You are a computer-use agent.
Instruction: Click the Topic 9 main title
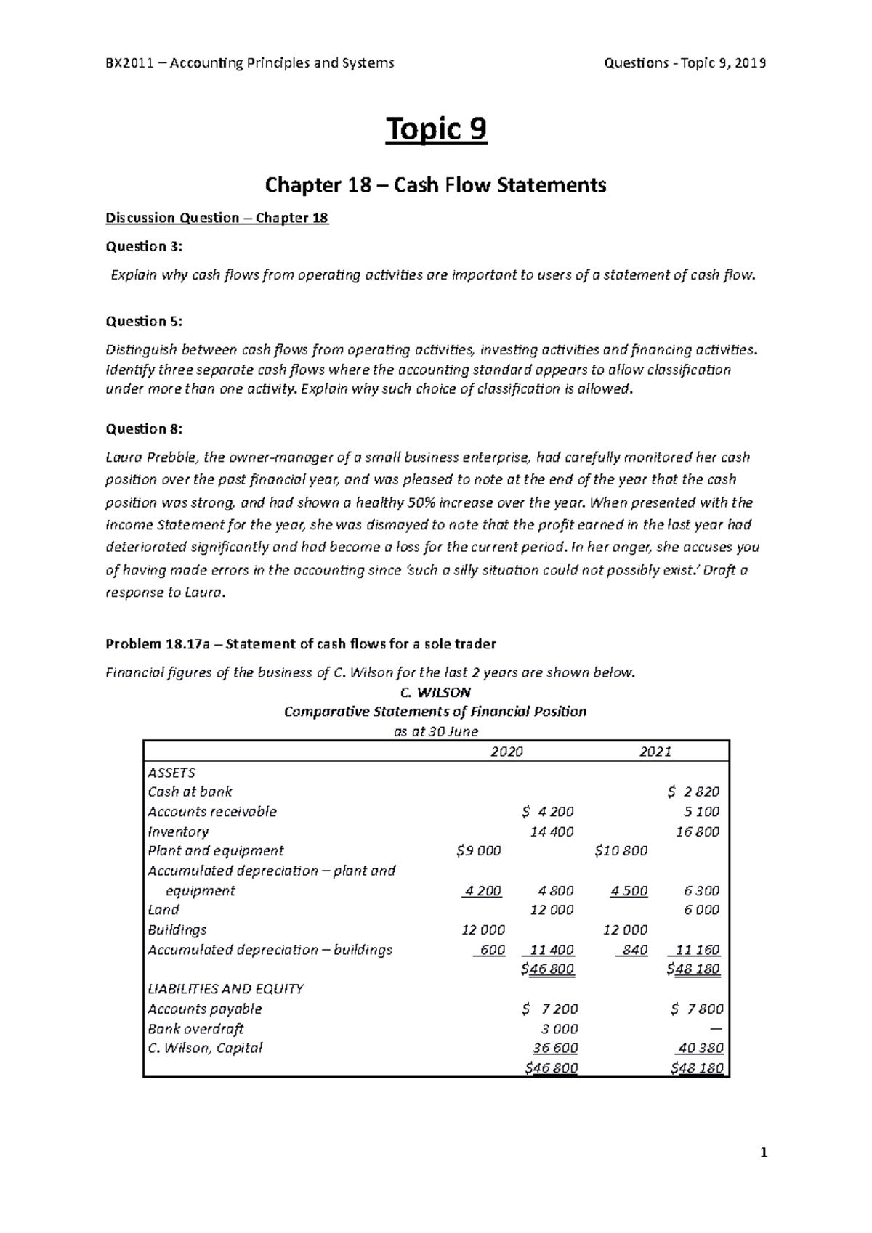tap(436, 131)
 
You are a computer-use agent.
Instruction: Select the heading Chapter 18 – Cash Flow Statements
tap(435, 186)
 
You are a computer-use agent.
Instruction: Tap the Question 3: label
tap(145, 247)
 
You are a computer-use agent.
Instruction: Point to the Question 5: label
tap(145, 321)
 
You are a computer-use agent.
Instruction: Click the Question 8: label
tap(145, 428)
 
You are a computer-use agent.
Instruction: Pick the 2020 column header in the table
tap(506, 752)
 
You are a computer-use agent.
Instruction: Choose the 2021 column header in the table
tap(655, 752)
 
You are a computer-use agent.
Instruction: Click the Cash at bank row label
tap(190, 792)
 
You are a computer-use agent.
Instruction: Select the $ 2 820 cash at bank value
tap(693, 792)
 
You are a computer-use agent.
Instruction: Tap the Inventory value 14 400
tap(552, 831)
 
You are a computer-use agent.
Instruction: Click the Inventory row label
tap(178, 831)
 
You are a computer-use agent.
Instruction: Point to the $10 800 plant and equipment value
tap(621, 851)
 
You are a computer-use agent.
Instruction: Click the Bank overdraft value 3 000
tap(560, 1029)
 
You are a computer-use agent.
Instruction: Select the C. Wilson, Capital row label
tap(205, 1049)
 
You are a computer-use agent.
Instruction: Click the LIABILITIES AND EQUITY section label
tap(225, 989)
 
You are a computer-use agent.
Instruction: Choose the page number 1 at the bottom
tap(763, 1153)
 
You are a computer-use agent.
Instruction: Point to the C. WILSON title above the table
tap(435, 692)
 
